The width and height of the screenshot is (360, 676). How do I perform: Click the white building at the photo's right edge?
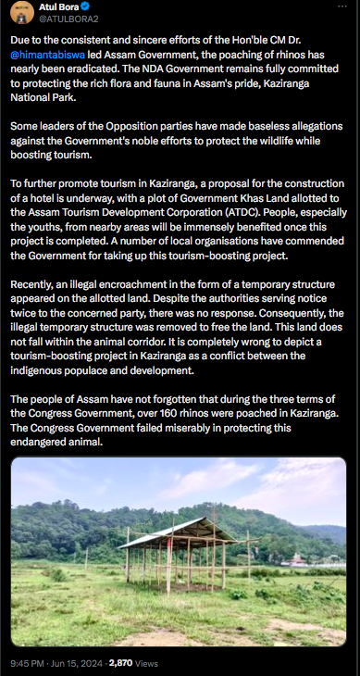(296, 559)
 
